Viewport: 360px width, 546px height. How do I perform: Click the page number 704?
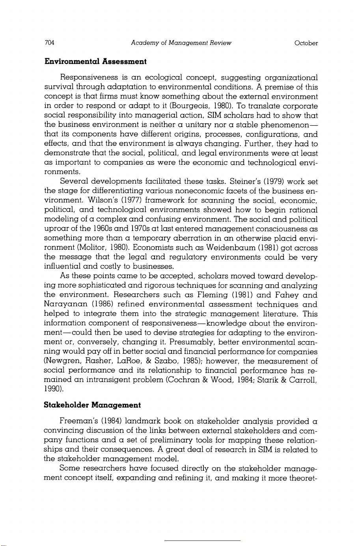[x=49, y=43]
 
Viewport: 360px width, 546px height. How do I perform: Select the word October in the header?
[x=306, y=43]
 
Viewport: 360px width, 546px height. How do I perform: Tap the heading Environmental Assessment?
[x=95, y=61]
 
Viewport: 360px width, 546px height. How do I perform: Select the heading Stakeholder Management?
[x=92, y=405]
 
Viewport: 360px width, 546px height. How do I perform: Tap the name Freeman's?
[x=77, y=422]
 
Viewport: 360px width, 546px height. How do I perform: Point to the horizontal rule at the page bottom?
[x=202, y=540]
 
